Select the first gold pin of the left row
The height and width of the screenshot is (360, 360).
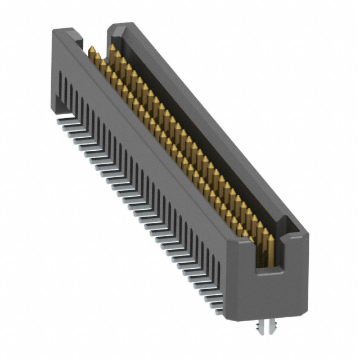click(x=92, y=52)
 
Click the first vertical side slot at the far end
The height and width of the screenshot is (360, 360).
click(x=61, y=84)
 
